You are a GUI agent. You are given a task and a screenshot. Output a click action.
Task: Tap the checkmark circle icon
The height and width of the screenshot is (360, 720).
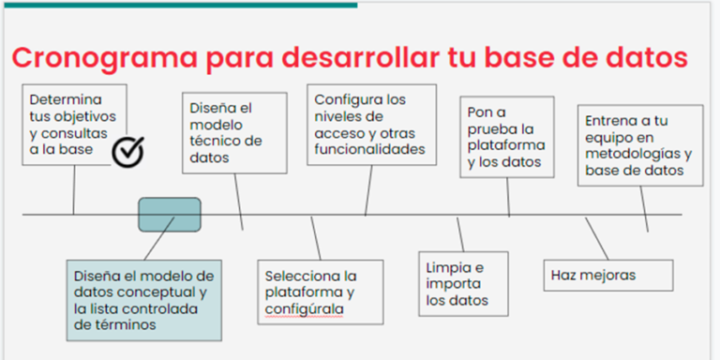point(127,150)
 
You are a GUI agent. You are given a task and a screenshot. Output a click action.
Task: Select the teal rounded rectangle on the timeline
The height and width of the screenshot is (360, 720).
point(170,214)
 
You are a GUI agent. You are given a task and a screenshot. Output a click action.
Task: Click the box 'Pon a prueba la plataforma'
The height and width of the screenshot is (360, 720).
point(506,138)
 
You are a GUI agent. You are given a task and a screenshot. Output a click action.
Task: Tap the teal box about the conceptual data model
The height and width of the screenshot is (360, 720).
point(143,300)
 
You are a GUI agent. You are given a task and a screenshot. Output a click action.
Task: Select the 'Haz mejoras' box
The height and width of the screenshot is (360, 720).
point(608,275)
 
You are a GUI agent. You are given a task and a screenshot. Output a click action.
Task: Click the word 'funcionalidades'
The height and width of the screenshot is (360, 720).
point(369,149)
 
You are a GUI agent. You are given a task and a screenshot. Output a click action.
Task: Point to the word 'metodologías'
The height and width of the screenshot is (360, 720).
point(637,154)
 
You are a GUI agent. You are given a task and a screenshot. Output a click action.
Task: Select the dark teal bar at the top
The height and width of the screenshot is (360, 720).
point(178,4)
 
